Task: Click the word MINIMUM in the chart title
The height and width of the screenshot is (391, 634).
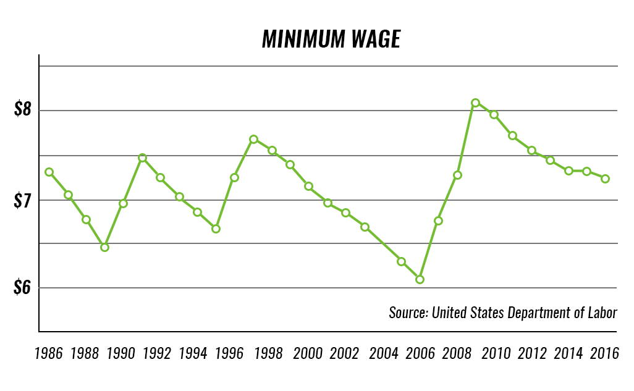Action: (x=303, y=39)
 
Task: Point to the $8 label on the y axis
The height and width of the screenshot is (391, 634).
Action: (x=22, y=111)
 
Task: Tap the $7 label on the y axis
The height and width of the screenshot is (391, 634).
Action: (x=22, y=200)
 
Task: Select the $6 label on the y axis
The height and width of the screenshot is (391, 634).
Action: (x=22, y=288)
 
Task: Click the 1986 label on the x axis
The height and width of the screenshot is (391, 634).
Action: (x=48, y=354)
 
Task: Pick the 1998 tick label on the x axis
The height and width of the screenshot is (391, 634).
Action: (x=269, y=354)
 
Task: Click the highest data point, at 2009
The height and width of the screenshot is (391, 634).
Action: (x=475, y=103)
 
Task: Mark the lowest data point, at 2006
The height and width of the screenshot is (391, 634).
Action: (x=420, y=279)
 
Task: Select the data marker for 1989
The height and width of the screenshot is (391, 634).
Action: (x=104, y=247)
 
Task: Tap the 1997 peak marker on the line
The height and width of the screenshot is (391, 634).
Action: (x=253, y=139)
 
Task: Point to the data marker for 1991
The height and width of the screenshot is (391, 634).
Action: (x=142, y=158)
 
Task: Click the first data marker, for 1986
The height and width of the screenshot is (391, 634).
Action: (x=49, y=172)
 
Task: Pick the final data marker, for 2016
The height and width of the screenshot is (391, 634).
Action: (x=606, y=179)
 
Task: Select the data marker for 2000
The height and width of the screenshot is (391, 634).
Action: (x=308, y=186)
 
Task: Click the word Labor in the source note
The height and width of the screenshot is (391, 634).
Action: (x=601, y=313)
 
